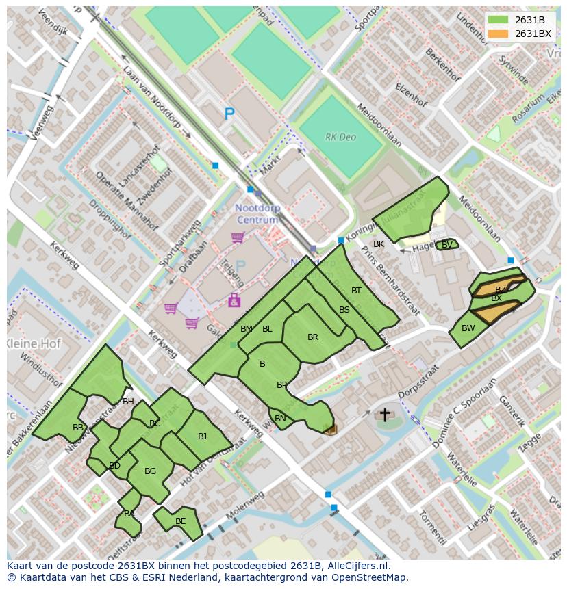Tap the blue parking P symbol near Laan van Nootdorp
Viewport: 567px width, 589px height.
coord(229,115)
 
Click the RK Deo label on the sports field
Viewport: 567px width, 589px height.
coord(340,137)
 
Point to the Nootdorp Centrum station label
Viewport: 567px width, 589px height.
coord(257,213)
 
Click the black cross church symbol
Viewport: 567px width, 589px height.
coord(385,415)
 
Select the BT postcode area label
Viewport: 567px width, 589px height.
coord(356,291)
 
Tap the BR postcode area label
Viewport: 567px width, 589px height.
coord(313,337)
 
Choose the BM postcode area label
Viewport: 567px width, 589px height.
coord(247,329)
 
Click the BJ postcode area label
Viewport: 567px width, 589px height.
coord(202,436)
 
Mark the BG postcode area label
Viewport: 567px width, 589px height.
coord(151,471)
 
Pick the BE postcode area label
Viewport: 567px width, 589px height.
coord(180,521)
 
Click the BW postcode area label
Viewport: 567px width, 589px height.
coord(468,328)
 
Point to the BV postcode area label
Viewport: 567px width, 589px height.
coord(446,245)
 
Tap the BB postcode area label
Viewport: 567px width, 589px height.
coord(78,428)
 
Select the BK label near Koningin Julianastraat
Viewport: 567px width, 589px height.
coord(379,244)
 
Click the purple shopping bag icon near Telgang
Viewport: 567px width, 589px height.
coord(234,300)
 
